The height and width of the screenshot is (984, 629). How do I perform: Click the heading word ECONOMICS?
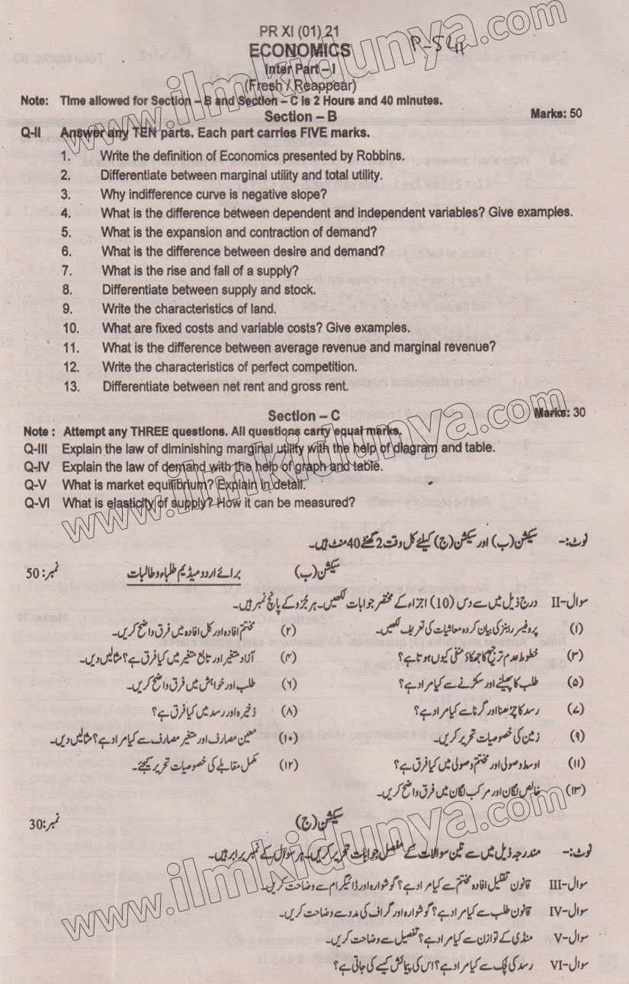coord(300,50)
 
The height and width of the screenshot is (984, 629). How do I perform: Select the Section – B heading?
coord(300,117)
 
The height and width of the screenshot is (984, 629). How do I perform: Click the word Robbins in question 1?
coord(378,155)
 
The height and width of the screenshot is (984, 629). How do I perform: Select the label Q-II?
coord(31,133)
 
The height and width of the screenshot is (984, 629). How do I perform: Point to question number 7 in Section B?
coord(67,271)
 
